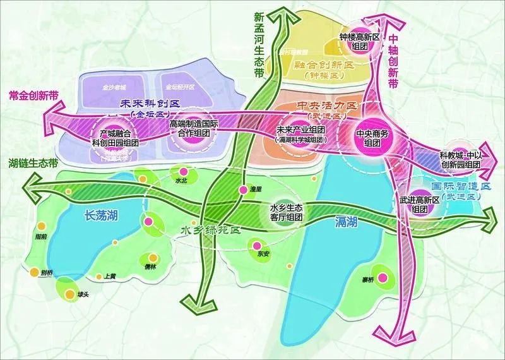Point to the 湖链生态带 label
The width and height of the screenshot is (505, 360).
pyautogui.click(x=30, y=162)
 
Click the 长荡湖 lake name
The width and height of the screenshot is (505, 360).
pyautogui.click(x=101, y=216)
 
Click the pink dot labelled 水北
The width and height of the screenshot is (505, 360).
pyautogui.click(x=184, y=172)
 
